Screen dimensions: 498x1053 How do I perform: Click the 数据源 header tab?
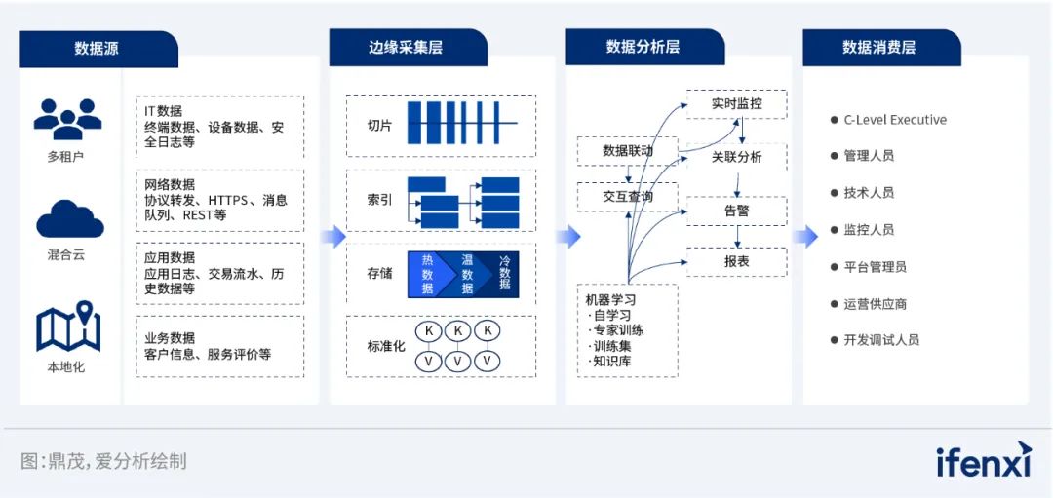coord(97,48)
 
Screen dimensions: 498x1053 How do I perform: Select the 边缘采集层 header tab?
coord(406,48)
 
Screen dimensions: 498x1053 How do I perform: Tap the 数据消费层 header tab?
coord(878,47)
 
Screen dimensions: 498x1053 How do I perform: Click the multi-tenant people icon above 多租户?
coord(66,119)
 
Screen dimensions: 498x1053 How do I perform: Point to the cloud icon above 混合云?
coord(69,219)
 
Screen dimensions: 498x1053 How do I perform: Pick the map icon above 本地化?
coord(68,328)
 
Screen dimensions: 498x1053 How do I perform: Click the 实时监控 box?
coord(736,103)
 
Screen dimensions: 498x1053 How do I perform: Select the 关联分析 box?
coord(736,157)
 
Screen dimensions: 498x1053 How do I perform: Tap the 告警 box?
coord(736,211)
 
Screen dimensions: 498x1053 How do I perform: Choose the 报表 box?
coord(736,261)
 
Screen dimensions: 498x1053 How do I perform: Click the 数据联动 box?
coord(627,151)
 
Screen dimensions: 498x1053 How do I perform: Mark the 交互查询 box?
coord(627,196)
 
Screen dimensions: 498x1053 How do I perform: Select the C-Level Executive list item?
coord(895,120)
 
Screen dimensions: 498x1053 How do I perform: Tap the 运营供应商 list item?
coord(875,303)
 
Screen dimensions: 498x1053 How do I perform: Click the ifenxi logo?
coord(982,461)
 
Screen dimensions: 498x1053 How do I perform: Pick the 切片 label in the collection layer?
coord(379,125)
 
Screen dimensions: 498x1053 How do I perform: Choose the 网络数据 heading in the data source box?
coord(170,184)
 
